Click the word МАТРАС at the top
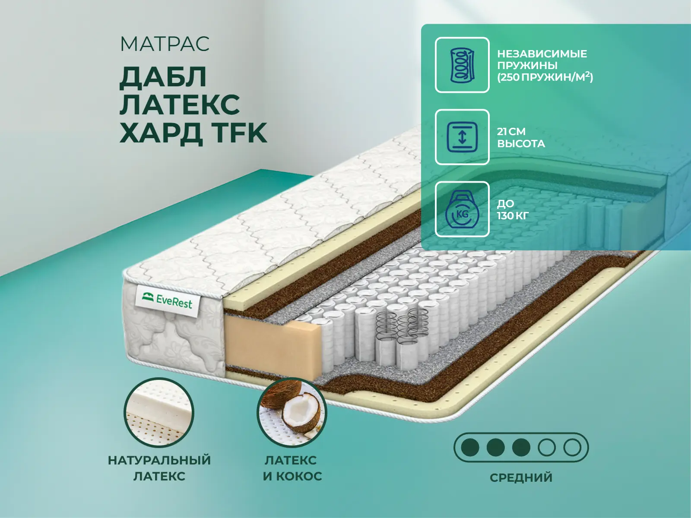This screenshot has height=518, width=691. point(165,44)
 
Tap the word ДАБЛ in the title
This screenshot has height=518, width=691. point(163,77)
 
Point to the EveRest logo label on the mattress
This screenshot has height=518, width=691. point(167,300)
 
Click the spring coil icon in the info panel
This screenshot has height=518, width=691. point(462,65)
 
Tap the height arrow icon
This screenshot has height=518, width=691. point(462,137)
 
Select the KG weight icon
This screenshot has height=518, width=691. point(462,209)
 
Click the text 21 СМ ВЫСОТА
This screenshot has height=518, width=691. point(521,137)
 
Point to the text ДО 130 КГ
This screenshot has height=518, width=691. point(513,209)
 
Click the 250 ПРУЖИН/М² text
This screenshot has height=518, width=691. point(545,77)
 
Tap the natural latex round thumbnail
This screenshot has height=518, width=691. point(158,412)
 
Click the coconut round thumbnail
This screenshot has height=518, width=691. point(292,412)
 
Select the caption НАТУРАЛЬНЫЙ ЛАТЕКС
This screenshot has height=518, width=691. point(159,468)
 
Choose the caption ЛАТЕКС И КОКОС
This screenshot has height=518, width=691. point(292,468)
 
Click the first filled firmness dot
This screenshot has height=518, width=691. point(470,447)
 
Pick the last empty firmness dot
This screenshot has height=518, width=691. point(572,447)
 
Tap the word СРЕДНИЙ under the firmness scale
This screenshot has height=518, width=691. point(521,477)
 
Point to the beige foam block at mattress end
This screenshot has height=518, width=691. point(273,347)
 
